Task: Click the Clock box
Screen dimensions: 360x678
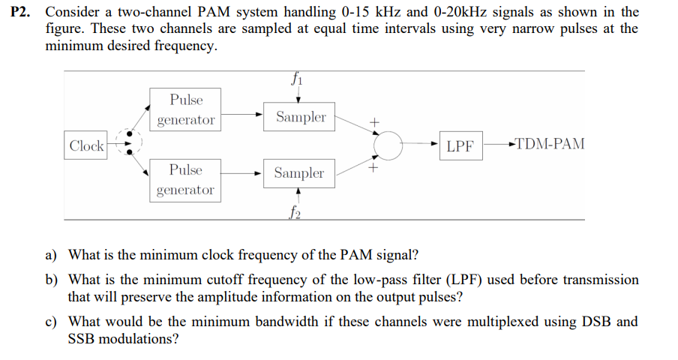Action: click(86, 145)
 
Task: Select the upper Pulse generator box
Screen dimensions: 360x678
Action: click(185, 110)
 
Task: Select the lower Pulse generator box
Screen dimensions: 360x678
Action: click(185, 180)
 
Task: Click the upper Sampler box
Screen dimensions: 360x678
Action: click(300, 117)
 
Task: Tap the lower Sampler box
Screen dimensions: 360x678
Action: click(298, 173)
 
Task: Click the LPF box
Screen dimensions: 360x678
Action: click(460, 145)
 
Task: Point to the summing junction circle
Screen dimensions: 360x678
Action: click(389, 145)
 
